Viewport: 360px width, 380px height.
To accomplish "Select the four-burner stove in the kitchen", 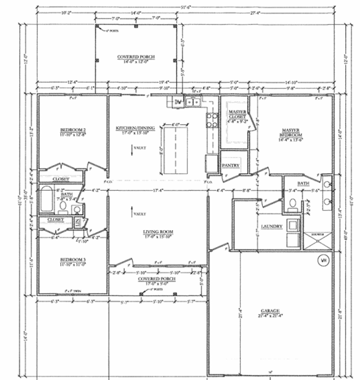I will [x=212, y=120].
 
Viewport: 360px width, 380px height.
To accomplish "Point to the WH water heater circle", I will [x=324, y=260].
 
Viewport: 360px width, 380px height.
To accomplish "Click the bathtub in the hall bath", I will [x=47, y=198].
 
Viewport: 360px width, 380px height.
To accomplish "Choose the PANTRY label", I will [x=231, y=165].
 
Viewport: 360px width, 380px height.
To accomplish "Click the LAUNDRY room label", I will [x=272, y=226].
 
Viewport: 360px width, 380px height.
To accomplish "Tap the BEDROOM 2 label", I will [x=73, y=129].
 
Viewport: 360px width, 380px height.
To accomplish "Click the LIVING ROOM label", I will [x=158, y=232].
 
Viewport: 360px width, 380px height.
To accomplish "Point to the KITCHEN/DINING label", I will [x=135, y=129].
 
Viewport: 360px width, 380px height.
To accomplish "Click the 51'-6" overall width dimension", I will [x=185, y=7].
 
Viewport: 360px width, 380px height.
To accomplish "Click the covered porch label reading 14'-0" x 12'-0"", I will [x=136, y=59].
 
